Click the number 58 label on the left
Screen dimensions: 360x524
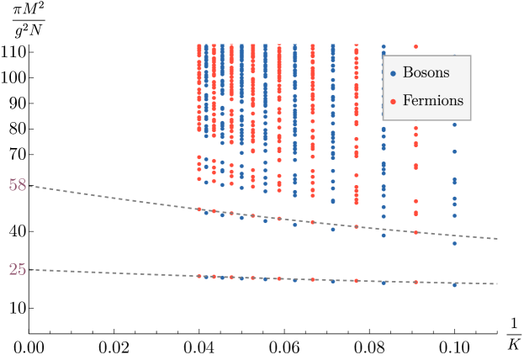(18, 185)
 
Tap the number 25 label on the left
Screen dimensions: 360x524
(18, 269)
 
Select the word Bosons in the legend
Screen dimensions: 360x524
(426, 73)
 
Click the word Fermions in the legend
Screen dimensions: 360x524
(432, 101)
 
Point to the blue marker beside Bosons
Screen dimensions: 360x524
(393, 74)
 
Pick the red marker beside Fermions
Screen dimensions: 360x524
(393, 102)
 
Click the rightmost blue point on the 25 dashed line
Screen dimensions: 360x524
(454, 285)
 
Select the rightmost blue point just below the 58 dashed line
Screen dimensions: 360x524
(454, 243)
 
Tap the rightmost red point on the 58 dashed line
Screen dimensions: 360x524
(415, 232)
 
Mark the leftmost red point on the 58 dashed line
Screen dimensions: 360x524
(199, 209)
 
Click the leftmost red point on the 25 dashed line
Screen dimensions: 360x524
(199, 276)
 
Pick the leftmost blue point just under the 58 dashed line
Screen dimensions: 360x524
(206, 213)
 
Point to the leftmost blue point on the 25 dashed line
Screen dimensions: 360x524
(206, 277)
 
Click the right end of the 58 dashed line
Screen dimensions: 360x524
(498, 239)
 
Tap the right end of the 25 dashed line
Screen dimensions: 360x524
(498, 283)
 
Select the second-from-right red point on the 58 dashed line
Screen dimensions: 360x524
(356, 226)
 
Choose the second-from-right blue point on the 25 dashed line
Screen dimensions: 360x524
(384, 283)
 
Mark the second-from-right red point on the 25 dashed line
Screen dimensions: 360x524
(356, 280)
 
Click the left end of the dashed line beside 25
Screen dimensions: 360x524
(31, 270)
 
